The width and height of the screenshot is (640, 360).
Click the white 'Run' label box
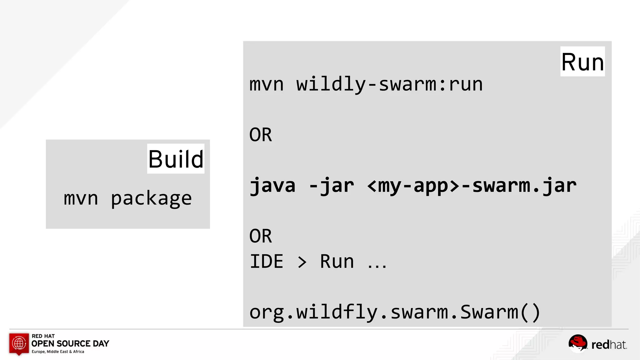(582, 62)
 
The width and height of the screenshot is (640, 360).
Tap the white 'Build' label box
(176, 159)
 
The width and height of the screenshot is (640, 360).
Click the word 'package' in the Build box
(151, 198)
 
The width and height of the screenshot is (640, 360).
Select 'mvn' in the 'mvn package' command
(81, 198)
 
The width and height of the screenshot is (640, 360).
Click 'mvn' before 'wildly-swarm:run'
(267, 84)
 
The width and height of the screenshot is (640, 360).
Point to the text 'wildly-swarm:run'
(389, 84)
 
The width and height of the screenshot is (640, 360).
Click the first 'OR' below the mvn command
(261, 135)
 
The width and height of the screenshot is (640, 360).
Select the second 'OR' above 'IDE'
(261, 236)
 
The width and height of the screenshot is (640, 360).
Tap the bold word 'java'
(272, 186)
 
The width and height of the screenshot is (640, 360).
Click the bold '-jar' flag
(332, 186)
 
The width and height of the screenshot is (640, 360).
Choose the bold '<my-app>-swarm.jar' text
(472, 186)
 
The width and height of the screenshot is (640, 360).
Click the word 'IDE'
(267, 262)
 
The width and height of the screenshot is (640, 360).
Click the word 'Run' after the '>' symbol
(337, 262)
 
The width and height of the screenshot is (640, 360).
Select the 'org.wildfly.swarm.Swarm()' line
(395, 312)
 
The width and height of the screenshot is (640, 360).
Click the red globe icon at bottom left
(19, 343)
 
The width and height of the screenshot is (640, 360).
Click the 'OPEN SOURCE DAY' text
(70, 344)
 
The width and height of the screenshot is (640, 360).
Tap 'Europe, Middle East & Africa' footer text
(58, 352)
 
